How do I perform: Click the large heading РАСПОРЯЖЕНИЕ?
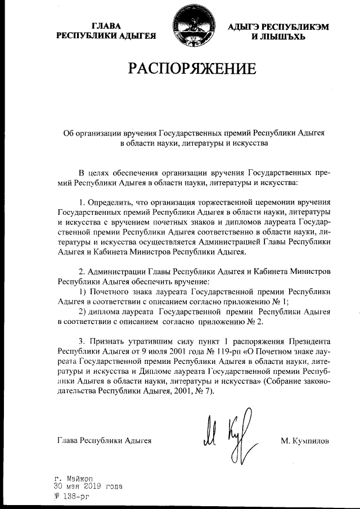[192, 70]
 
